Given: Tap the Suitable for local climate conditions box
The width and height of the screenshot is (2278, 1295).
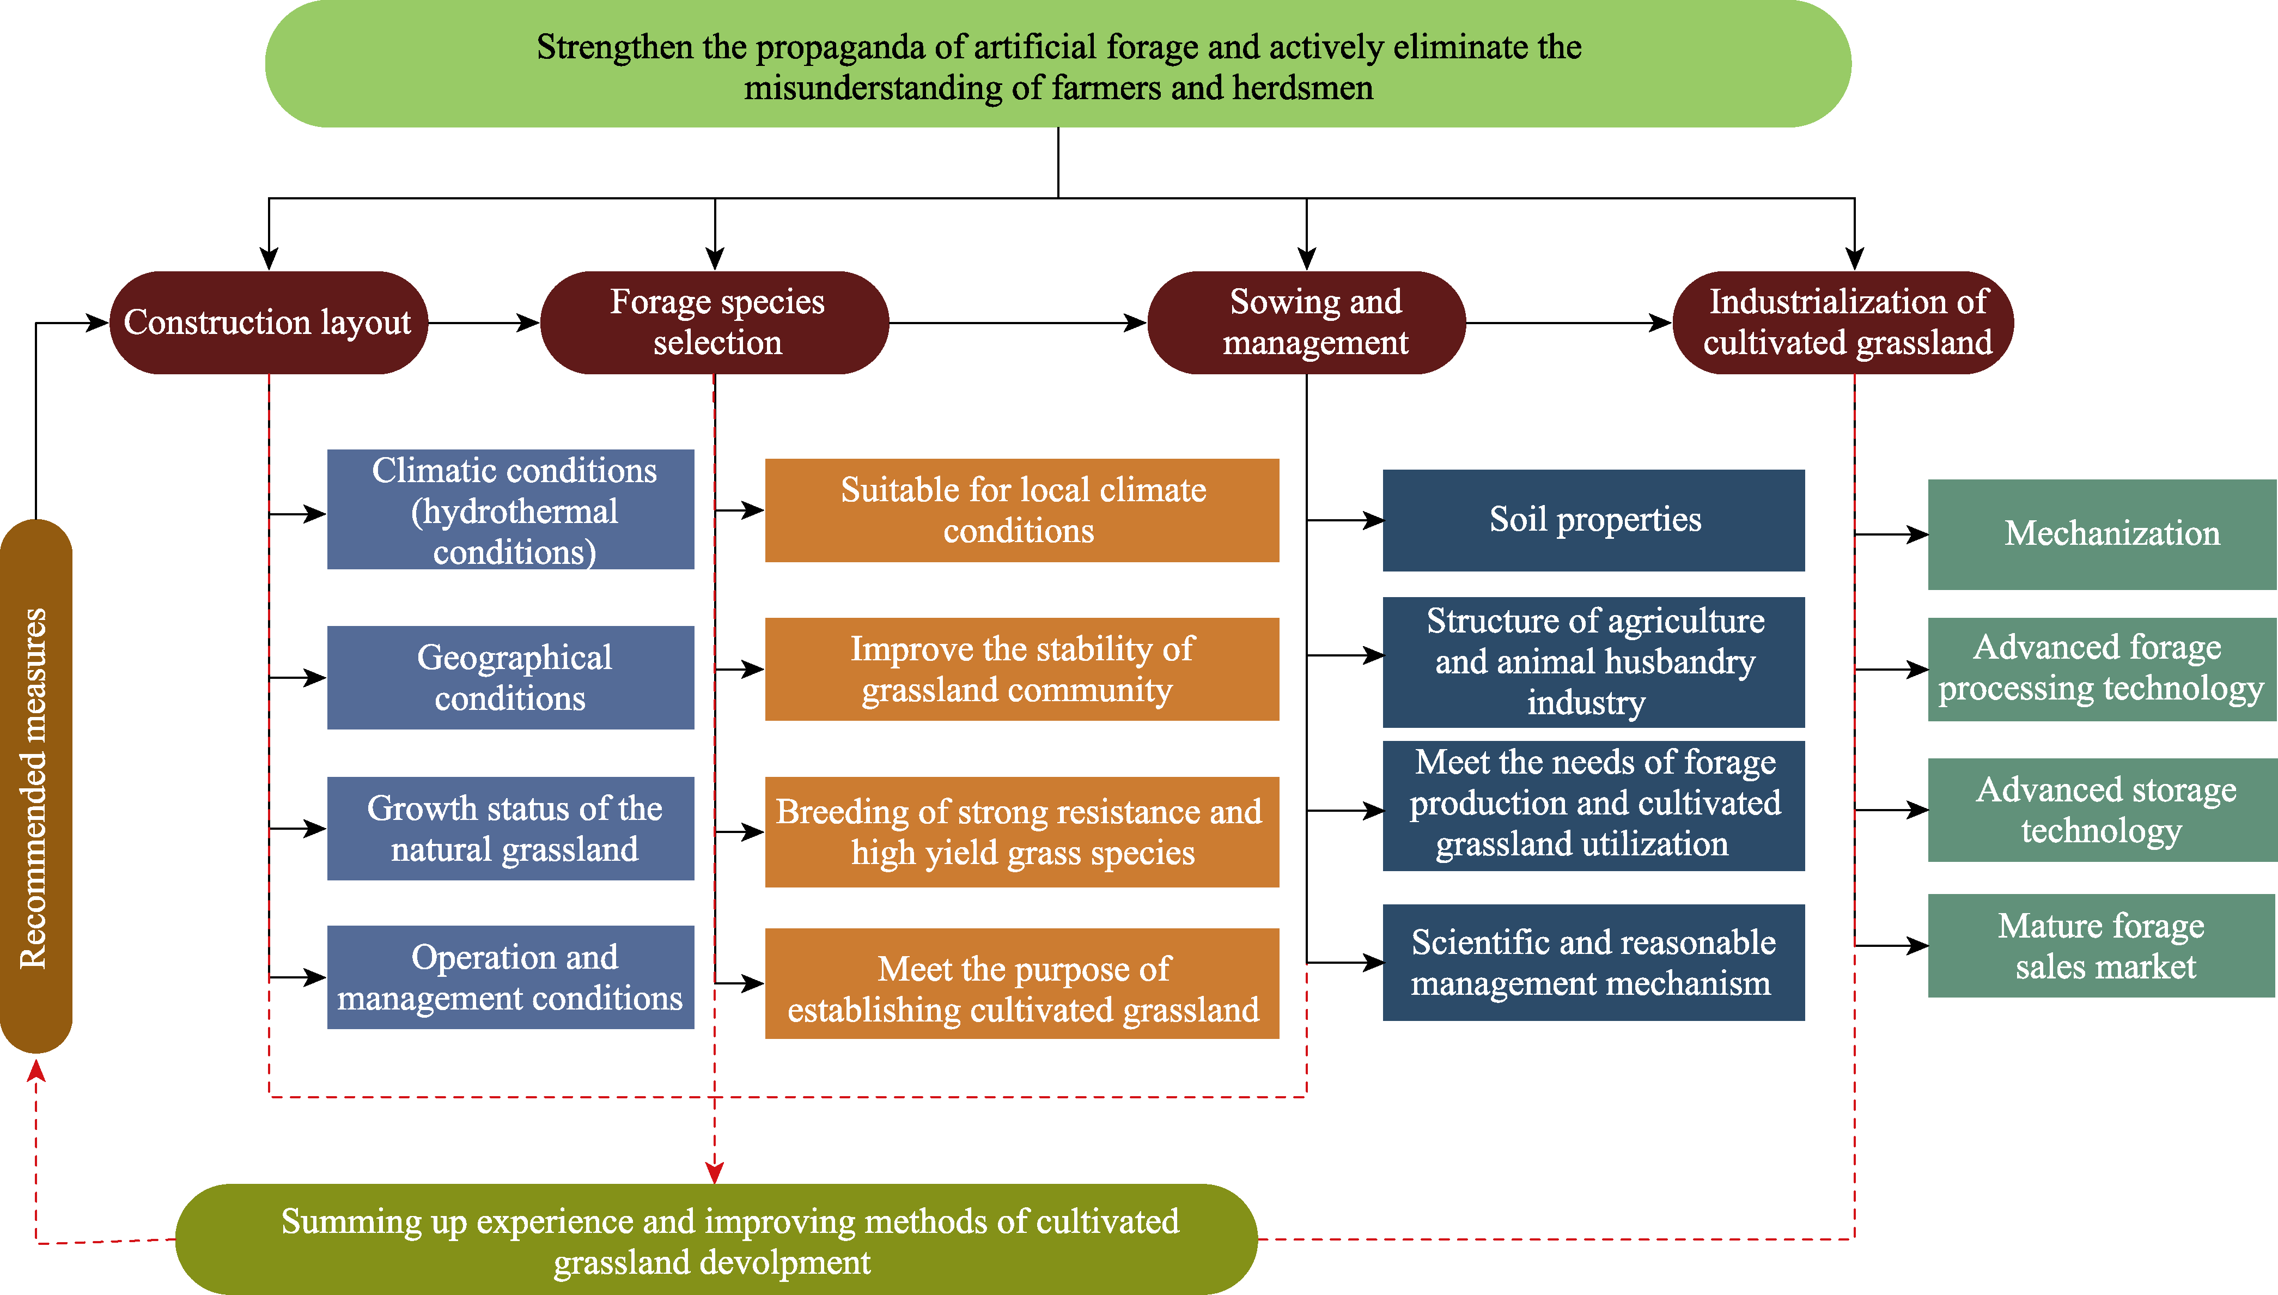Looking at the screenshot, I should click(1022, 510).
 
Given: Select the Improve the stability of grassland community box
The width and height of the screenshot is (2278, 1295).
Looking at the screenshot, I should click(1022, 669).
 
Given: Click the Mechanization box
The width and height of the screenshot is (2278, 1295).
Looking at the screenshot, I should click(2102, 534).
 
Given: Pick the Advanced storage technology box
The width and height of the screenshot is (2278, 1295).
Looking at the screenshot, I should click(2102, 810).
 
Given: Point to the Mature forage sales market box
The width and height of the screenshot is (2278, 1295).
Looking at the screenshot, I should click(2102, 945).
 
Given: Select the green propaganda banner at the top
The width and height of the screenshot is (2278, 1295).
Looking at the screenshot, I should click(1058, 64).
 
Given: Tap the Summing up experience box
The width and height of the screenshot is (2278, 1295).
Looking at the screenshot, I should click(716, 1240).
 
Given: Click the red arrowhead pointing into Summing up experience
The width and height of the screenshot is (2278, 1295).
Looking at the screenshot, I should click(715, 1172).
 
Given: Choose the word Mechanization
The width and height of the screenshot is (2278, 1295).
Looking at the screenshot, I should click(2112, 534).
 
